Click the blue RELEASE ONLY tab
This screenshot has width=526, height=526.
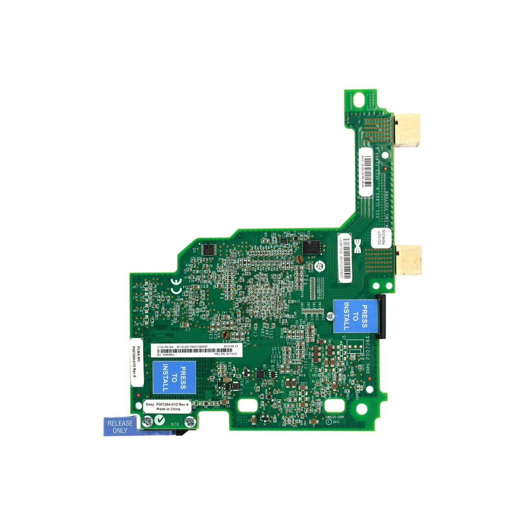tap(117, 426)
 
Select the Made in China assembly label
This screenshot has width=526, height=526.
tap(166, 407)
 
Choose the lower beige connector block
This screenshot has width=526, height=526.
tap(409, 260)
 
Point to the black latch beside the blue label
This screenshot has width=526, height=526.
tap(381, 315)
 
